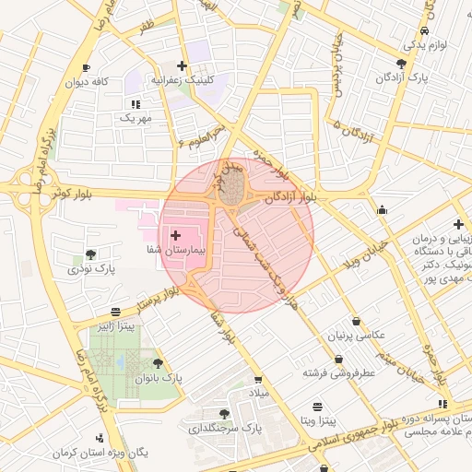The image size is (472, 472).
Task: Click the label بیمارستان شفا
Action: (175, 250)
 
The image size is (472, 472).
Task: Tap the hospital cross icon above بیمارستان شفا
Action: (175, 236)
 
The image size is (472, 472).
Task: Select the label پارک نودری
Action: (90, 269)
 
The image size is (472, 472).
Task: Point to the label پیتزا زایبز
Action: (117, 326)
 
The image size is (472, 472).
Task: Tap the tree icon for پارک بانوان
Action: (158, 365)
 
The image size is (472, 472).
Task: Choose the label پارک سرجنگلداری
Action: (226, 429)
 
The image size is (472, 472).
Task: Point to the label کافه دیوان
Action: (88, 81)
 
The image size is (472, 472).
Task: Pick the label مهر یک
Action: (135, 118)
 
